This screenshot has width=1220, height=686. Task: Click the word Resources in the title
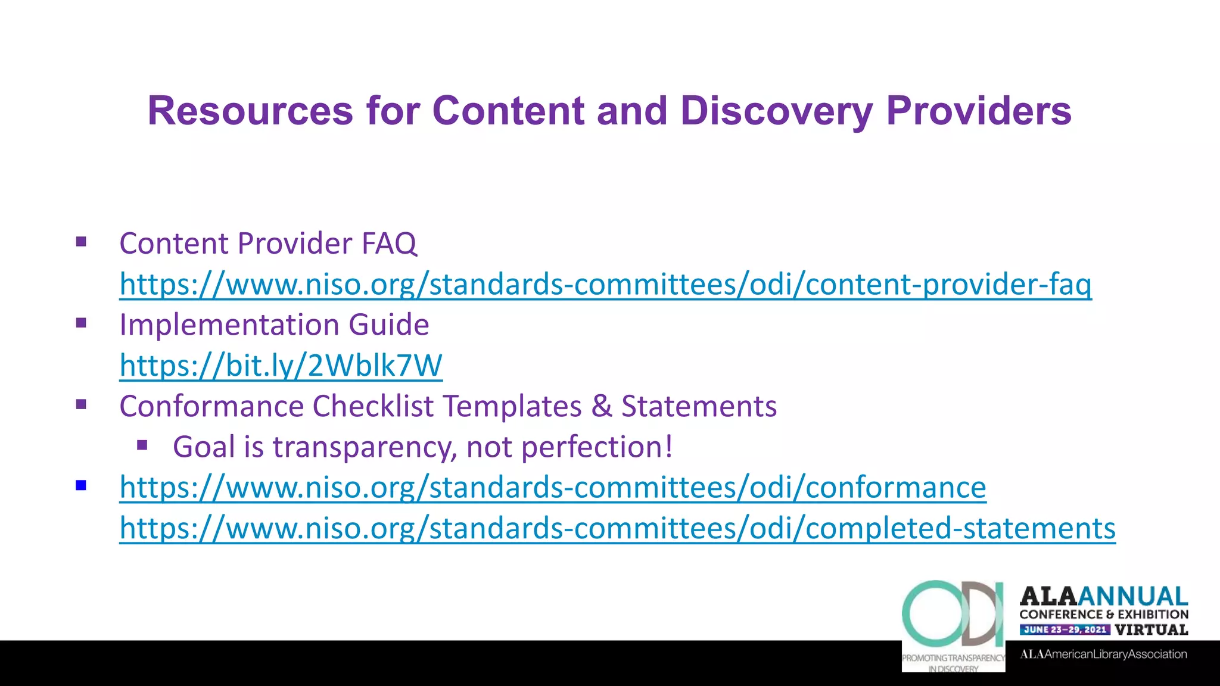250,111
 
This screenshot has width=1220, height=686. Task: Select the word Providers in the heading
978,111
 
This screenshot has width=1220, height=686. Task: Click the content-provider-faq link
605,284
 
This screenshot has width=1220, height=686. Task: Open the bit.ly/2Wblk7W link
281,366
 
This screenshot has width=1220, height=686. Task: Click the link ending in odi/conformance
552,488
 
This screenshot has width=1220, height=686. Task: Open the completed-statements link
617,528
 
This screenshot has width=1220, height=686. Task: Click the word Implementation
229,325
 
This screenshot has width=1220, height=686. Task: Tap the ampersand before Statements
602,407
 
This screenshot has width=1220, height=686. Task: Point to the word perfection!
597,447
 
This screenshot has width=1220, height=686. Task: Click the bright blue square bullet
82,486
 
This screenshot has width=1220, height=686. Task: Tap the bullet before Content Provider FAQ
82,242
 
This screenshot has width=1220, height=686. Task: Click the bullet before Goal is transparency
142,445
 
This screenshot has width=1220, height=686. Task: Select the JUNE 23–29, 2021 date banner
1065,629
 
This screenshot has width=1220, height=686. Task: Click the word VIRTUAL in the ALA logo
1151,629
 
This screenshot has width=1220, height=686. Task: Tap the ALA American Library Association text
1103,654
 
